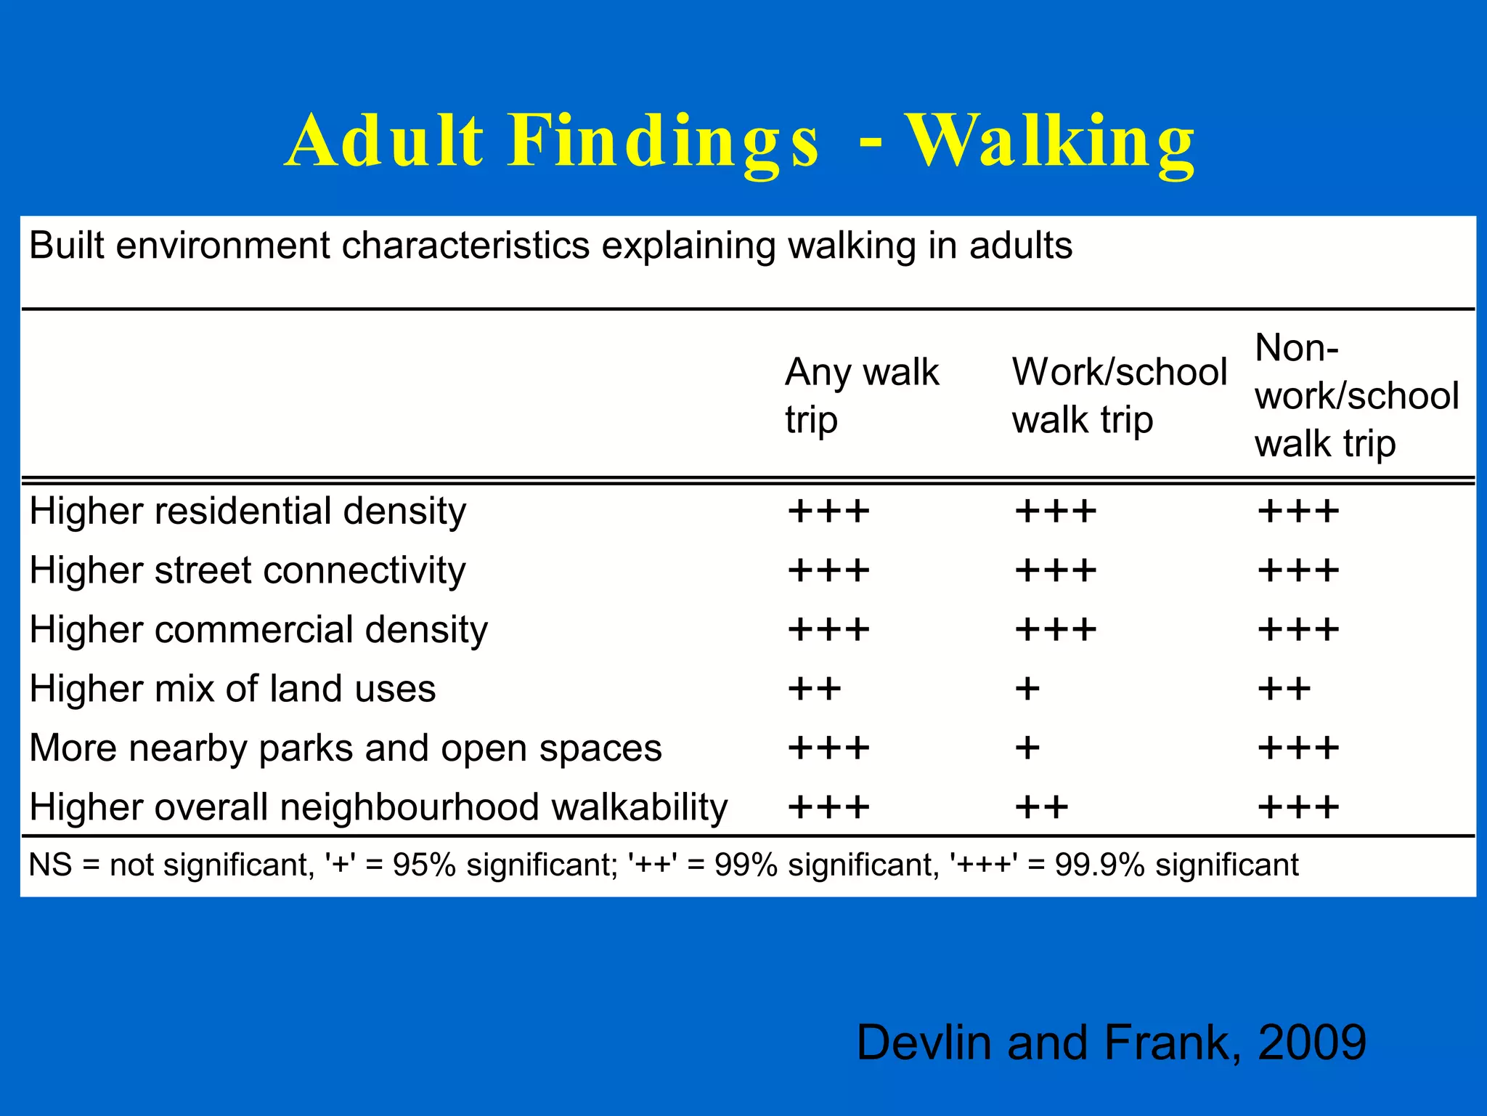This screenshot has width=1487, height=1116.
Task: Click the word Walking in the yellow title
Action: (x=1050, y=142)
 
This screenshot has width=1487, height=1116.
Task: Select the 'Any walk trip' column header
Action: (x=861, y=395)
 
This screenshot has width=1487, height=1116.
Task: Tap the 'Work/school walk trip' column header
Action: (x=1118, y=395)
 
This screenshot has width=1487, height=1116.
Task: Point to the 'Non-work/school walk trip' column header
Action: (x=1356, y=395)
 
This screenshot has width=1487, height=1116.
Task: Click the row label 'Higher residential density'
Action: (x=248, y=511)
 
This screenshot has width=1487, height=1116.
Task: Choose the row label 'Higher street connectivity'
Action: (x=248, y=570)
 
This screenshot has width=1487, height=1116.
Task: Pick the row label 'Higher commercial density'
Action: (x=258, y=629)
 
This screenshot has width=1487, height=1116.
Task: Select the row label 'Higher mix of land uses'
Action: (x=232, y=688)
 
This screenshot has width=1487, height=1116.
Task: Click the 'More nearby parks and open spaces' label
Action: (x=346, y=748)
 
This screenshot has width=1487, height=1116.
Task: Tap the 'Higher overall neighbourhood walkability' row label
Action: (x=378, y=806)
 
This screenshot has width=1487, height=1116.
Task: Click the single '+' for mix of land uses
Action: (x=1027, y=688)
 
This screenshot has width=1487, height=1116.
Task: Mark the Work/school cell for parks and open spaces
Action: (x=1027, y=748)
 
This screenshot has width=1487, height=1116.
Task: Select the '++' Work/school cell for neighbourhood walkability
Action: (x=1041, y=807)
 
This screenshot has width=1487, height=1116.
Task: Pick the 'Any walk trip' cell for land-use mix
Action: (x=815, y=688)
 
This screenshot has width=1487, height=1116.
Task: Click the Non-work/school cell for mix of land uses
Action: (x=1284, y=688)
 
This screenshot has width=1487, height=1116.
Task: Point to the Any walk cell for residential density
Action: (x=828, y=511)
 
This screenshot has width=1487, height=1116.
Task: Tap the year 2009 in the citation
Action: (x=1312, y=1043)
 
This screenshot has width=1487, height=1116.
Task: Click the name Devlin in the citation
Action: (x=924, y=1043)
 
